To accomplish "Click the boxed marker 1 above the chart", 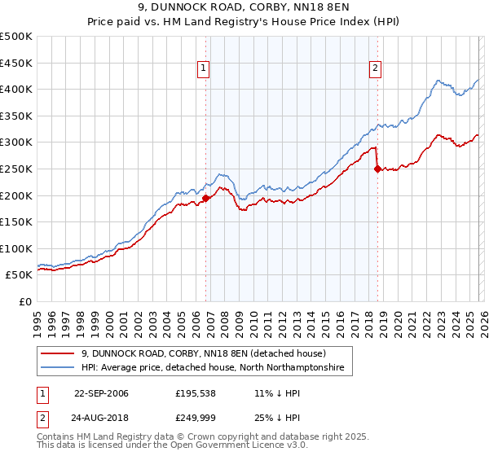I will pos(203,69).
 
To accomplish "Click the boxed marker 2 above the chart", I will pos(375,69).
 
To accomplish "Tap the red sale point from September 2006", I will pos(205,198).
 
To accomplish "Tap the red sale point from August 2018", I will pos(377,169).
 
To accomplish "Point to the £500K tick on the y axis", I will pos(16,37).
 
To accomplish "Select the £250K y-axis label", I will pos(16,169).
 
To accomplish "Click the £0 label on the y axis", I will pos(25,301).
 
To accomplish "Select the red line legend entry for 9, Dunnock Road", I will pos(204,353).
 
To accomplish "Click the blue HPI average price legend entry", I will pos(213,368).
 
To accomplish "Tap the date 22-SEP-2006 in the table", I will pos(101,393).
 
